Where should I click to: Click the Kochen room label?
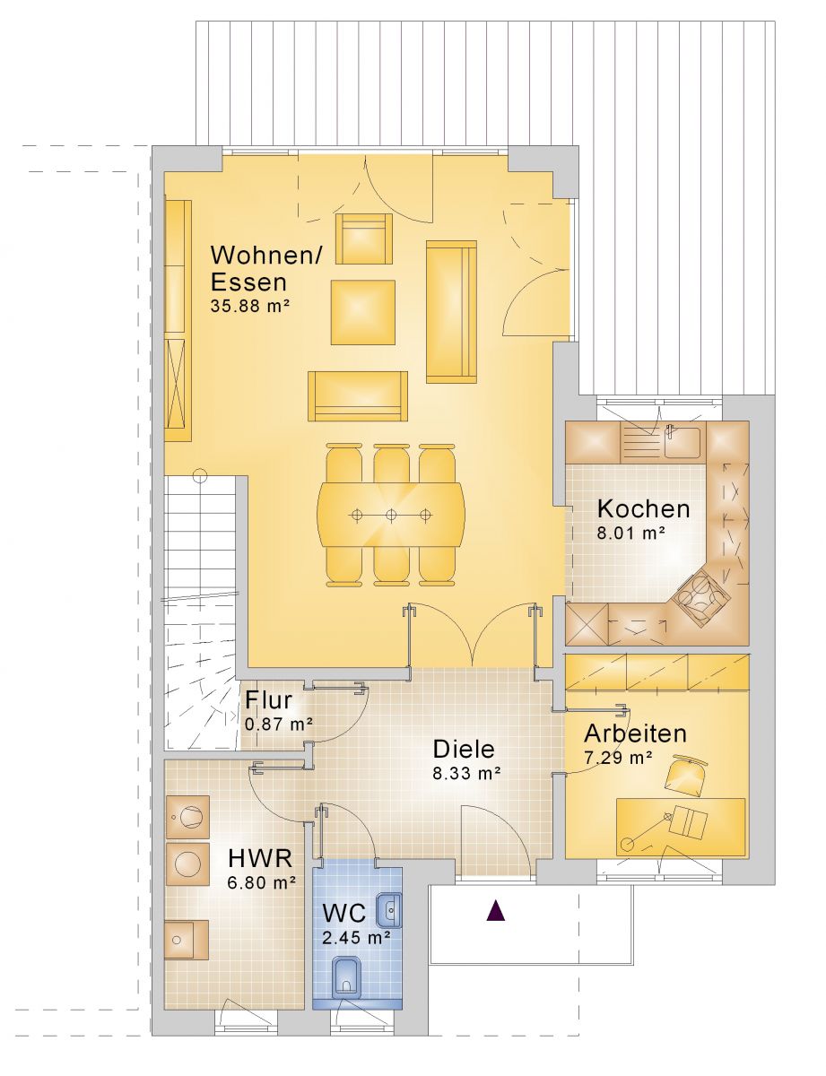(643, 509)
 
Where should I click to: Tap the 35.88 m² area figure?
(249, 306)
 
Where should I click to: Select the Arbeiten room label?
(635, 733)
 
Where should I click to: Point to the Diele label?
(464, 750)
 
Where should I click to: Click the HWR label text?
(259, 858)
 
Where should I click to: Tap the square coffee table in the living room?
(363, 312)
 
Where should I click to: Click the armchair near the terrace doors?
(363, 239)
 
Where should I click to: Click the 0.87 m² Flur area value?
(278, 725)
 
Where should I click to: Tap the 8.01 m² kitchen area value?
(630, 533)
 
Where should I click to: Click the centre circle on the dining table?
(391, 515)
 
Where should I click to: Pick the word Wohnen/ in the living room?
(266, 256)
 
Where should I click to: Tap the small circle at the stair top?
(201, 476)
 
